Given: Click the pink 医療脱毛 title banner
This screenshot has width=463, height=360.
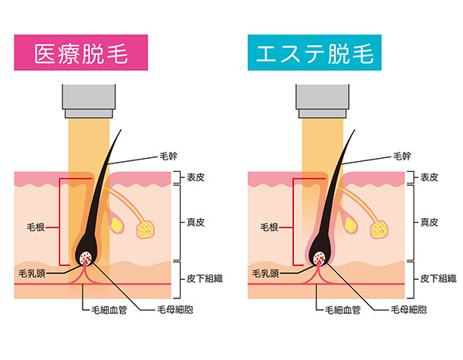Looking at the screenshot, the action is pos(81,52).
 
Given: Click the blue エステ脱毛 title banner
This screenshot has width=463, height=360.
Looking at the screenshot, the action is pos(315,52).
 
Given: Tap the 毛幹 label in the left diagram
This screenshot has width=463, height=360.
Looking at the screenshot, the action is pos(168,156).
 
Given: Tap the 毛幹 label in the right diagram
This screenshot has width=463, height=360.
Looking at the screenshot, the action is pos(402,156).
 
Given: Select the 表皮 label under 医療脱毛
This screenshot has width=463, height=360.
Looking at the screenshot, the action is pos(195,177).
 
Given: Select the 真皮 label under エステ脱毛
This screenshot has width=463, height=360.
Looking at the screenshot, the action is pos(429,222).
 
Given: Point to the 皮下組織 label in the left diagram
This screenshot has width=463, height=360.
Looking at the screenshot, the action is pos(204,278).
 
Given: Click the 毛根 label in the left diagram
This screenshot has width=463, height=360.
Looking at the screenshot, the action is pos(35,227).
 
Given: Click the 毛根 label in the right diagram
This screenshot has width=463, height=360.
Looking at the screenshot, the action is pos(269,227).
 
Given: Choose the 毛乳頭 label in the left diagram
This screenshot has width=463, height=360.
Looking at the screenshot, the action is pos(32,273).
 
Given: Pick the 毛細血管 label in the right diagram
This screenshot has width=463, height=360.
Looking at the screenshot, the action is pos(343,310).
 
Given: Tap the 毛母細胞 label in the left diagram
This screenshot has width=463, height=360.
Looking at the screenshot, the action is pos(175,310).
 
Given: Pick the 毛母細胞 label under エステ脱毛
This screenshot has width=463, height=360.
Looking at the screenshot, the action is pos(409,310).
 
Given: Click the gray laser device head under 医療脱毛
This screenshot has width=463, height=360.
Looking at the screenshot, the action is pos(89,101).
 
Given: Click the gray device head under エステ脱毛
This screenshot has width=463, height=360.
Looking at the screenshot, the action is pos(322,101).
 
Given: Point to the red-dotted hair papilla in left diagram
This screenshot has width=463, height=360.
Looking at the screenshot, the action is pos(86,258).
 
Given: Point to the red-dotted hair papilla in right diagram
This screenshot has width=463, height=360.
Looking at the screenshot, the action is pos(320,258).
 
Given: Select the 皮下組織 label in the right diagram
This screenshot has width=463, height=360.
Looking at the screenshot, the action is pos(438,278).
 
